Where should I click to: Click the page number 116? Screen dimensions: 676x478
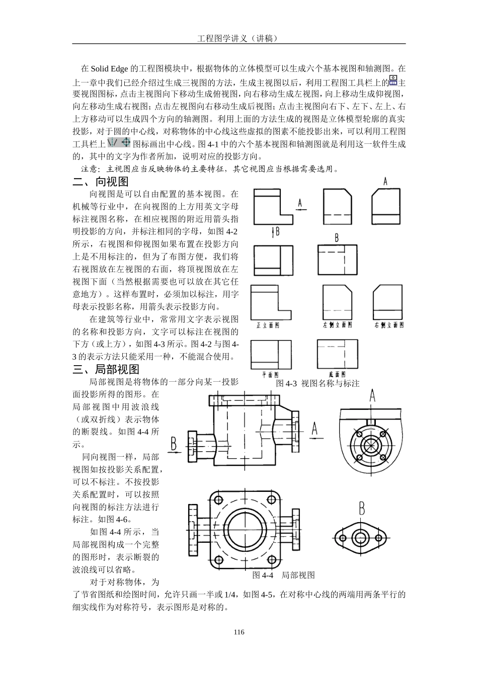tap(239, 632)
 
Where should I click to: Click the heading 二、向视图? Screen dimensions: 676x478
tap(101, 182)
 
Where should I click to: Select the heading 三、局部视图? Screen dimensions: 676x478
tap(106, 370)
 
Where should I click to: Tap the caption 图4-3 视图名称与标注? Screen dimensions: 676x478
tap(317, 383)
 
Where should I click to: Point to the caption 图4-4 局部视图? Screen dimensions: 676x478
tap(283, 575)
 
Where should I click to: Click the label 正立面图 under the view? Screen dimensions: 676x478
tap(267, 325)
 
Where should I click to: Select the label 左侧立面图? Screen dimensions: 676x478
tap(337, 325)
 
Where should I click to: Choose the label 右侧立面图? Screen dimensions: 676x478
tap(389, 325)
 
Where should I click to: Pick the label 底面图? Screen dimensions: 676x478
tap(337, 374)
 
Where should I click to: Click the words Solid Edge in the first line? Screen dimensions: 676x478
tap(110, 68)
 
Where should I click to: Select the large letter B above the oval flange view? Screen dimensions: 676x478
tap(361, 509)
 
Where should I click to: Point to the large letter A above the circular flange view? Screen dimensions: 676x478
tap(372, 396)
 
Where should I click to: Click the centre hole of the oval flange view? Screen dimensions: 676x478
tap(360, 538)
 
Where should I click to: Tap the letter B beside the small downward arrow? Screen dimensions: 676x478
tap(277, 231)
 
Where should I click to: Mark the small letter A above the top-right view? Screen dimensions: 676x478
tap(385, 181)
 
